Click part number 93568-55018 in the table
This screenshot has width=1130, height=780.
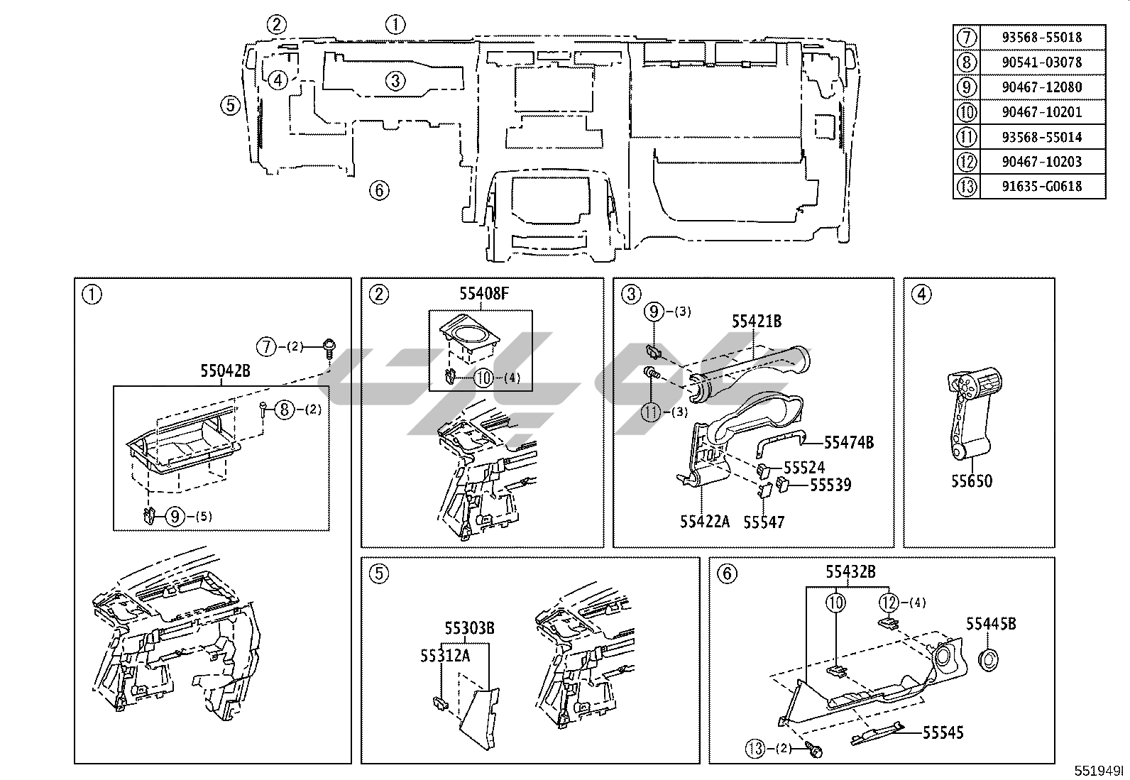coord(1042,37)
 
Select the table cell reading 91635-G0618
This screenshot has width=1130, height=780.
coord(1042,186)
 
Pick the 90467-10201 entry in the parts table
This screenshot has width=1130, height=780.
coord(1042,111)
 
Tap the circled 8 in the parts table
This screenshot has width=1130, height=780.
coord(967,62)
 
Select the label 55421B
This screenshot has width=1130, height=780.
coord(757,322)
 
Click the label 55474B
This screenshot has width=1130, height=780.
coord(848,442)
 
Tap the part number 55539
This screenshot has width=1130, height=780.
coord(830,485)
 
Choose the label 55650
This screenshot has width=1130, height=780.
coord(972,480)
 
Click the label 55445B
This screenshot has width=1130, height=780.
coord(990,623)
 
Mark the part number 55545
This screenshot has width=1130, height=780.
coord(943,732)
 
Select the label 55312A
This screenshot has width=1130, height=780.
coord(444,656)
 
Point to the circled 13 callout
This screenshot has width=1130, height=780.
coord(755,748)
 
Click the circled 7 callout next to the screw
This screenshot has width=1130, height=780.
coord(265,346)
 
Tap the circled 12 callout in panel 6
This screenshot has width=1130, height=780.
coord(889,603)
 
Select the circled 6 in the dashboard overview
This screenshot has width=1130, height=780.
coord(379,189)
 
